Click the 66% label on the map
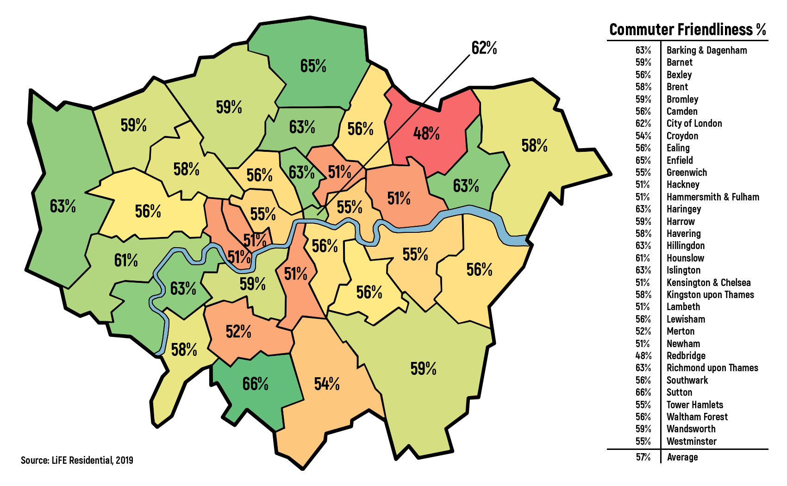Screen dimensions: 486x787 (255, 384)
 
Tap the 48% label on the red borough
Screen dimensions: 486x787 (426, 134)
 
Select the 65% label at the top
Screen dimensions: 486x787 (313, 66)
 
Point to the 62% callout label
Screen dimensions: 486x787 (484, 48)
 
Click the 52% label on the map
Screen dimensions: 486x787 (238, 331)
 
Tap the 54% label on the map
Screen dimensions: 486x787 (327, 384)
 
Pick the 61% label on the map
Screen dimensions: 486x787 (126, 261)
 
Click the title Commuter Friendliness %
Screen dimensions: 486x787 (687, 30)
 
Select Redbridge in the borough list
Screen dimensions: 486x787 (686, 355)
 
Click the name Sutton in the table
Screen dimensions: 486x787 (679, 392)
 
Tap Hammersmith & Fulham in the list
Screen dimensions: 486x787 (712, 197)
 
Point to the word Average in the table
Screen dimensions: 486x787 (682, 457)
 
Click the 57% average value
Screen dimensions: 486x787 (643, 457)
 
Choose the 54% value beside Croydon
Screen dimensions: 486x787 (643, 136)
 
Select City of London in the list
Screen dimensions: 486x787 (694, 124)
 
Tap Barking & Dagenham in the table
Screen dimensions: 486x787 (706, 50)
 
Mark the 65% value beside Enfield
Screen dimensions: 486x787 (643, 160)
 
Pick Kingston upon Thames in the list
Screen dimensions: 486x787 (710, 294)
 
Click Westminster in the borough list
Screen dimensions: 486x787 (691, 441)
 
